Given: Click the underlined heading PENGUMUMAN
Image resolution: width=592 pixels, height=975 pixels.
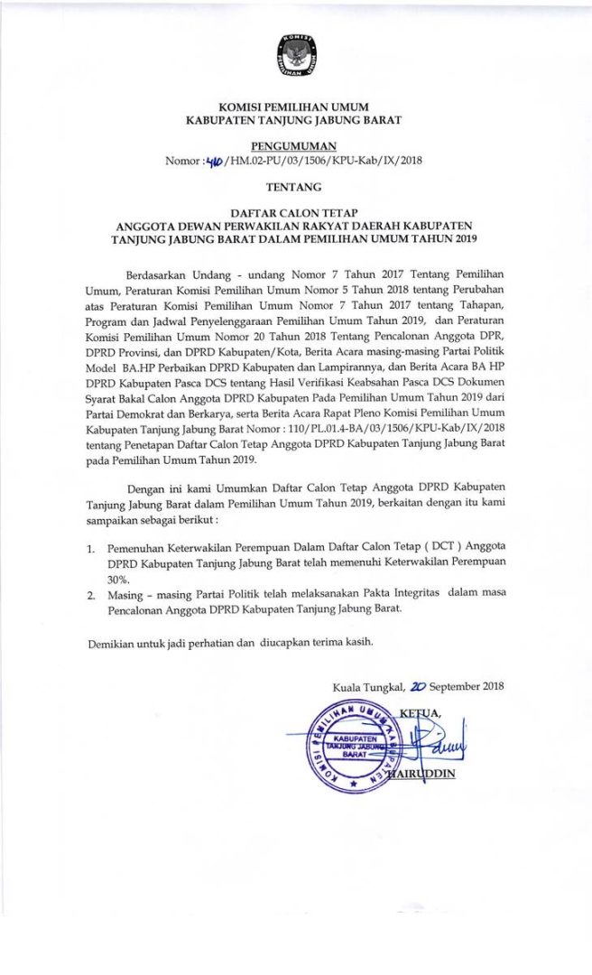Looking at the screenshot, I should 294,145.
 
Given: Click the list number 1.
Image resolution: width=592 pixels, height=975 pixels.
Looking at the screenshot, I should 91,548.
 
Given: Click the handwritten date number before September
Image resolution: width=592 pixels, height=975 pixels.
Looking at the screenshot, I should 417,686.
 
